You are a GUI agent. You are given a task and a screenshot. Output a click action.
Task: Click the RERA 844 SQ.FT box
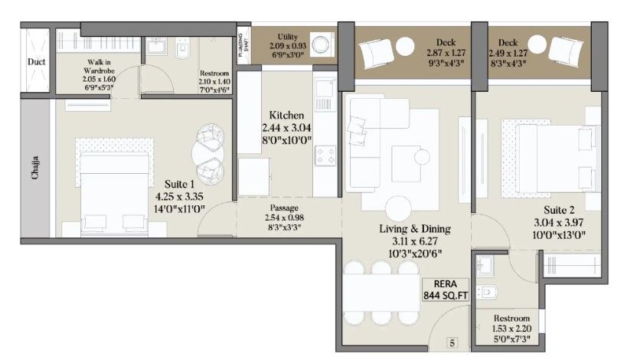[x=439, y=288]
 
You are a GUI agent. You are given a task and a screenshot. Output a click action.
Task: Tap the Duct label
[x=35, y=61]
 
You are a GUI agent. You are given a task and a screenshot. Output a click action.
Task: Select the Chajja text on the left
[x=34, y=166]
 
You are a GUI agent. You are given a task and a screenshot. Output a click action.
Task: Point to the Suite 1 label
[x=181, y=184]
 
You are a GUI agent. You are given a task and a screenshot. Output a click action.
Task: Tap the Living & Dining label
[x=415, y=228]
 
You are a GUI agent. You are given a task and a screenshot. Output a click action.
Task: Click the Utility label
[x=288, y=36]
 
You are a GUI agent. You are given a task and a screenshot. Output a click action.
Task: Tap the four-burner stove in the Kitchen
[x=325, y=155]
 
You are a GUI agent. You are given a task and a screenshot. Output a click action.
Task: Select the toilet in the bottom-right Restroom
[x=489, y=292]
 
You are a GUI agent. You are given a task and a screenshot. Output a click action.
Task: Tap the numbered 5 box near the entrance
[x=452, y=343]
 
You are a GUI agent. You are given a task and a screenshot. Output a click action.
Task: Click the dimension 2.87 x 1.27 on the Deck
[x=445, y=53]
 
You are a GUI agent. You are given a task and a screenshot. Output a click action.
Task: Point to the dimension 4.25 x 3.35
[x=181, y=195]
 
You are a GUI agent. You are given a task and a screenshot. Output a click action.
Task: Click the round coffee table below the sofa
[x=399, y=208]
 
